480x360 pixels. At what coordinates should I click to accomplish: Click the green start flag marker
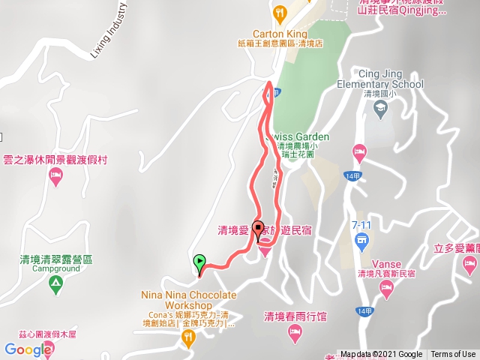199,263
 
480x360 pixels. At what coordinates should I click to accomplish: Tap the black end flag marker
259,230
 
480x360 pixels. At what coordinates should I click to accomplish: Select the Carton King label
279,34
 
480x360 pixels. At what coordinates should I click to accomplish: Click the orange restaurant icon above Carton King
280,13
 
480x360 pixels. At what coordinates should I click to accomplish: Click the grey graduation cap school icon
379,109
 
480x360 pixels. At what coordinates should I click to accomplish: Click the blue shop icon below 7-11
361,241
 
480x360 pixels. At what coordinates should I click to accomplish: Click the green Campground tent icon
55,284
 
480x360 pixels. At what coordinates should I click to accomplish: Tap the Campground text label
55,268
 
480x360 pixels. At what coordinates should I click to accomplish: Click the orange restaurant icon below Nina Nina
187,339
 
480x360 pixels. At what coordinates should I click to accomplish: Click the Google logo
28,349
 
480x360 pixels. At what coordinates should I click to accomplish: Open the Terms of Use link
453,355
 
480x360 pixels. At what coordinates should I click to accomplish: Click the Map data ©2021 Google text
381,355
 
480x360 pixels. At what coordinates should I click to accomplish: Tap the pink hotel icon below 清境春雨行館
295,331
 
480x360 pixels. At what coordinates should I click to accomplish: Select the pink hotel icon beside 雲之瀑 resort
55,177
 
